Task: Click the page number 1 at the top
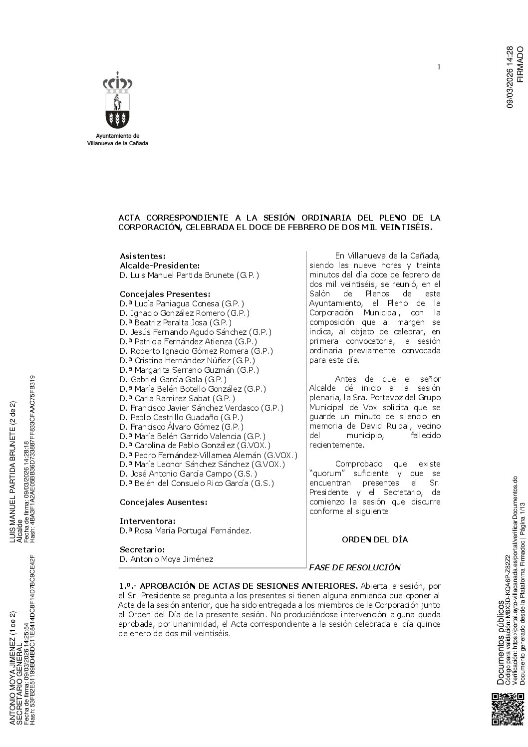coord(438,67)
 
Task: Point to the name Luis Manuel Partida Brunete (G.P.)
coord(189,275)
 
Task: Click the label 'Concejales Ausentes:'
coord(163,502)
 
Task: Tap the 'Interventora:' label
coord(147,521)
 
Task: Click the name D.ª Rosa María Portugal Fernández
coord(185,530)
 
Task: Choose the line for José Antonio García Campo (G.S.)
coord(188,474)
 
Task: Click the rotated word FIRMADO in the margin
coord(520,64)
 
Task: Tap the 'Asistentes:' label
coord(142,256)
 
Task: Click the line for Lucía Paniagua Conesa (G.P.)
coord(182,303)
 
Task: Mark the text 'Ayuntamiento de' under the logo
coord(117,136)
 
